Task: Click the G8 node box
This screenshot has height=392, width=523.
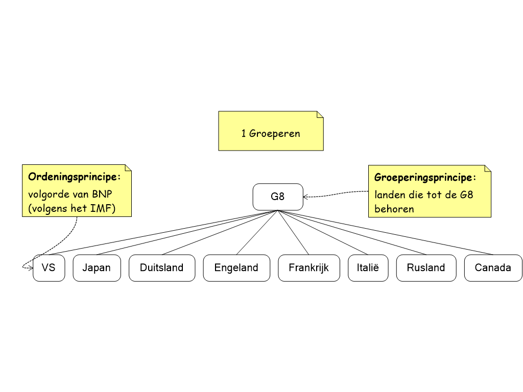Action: (x=278, y=197)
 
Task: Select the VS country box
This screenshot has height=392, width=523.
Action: (x=49, y=268)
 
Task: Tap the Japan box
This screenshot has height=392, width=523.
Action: (x=97, y=268)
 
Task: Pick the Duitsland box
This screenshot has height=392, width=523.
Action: (x=161, y=268)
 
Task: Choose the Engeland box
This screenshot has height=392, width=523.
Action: (x=236, y=268)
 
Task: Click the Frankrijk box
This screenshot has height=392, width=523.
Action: (x=308, y=268)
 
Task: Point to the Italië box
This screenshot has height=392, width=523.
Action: (x=368, y=268)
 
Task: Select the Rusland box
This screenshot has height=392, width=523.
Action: (x=426, y=268)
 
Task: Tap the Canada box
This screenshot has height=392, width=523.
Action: (x=493, y=268)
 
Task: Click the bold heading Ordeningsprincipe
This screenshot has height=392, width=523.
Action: (x=74, y=177)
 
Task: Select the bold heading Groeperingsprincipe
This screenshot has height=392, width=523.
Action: (x=425, y=178)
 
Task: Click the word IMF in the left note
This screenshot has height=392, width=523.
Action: (x=102, y=208)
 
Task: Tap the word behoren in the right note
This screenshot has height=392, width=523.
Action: (x=394, y=209)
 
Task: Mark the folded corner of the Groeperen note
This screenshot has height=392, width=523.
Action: (x=320, y=114)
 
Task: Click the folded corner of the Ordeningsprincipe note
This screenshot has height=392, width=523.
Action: (x=128, y=168)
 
